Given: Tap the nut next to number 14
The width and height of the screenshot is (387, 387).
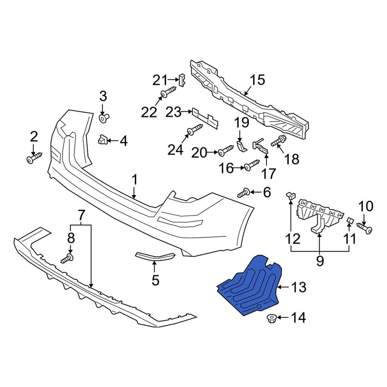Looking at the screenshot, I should click(271, 319).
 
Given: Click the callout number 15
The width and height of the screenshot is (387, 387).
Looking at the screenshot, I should click(257, 80).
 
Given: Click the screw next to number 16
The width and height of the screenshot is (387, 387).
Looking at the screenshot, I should click(252, 166).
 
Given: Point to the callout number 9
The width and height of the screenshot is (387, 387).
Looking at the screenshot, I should click(320, 261).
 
